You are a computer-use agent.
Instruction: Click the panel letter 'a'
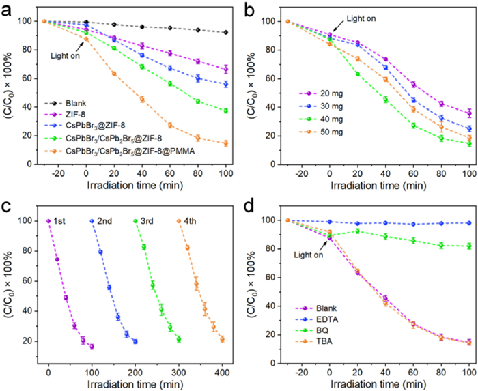click(8, 8)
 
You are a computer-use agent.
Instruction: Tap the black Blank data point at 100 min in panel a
click(225, 32)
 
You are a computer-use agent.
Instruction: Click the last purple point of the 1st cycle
click(92, 347)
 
